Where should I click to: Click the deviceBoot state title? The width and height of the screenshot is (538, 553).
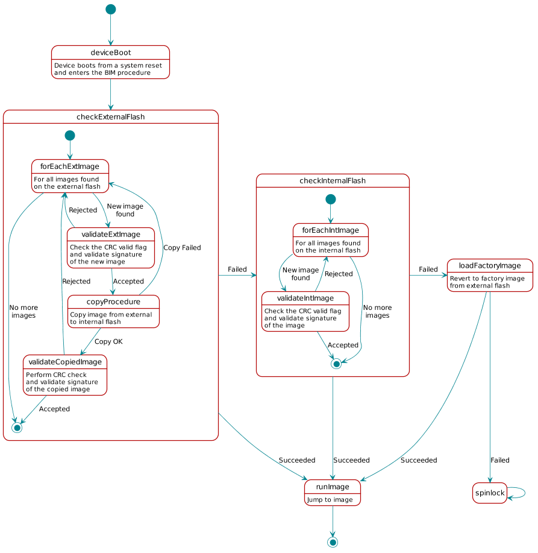pos(111,53)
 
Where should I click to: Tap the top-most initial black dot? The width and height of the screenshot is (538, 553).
pos(110,9)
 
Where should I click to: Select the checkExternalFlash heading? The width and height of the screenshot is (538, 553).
pos(111,117)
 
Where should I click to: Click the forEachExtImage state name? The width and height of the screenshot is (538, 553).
pos(70,166)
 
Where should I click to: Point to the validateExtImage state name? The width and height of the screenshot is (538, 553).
pos(111,234)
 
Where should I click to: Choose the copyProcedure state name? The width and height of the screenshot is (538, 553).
pos(114,302)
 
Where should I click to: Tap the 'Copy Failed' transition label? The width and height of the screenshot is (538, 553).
pos(182,248)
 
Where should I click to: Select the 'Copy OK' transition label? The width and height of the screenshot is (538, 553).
pos(108,341)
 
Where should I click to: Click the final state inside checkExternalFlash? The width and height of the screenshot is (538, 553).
pos(17,427)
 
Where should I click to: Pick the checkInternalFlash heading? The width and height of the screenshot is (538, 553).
pos(333,181)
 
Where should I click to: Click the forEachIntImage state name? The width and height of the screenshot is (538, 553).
pos(331,230)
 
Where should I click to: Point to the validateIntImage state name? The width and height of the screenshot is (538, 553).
pos(306,298)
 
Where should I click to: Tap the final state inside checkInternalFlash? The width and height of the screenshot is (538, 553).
pos(336,364)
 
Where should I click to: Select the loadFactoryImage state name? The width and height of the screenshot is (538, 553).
pos(490,266)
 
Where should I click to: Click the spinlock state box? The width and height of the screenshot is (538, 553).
pos(490,493)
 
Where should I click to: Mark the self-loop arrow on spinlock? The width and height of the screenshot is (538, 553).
pos(522,493)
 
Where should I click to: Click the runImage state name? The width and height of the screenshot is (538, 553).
pos(333,487)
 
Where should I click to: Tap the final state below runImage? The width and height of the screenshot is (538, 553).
pos(333,542)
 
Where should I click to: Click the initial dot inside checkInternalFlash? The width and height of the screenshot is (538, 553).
pos(330,199)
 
